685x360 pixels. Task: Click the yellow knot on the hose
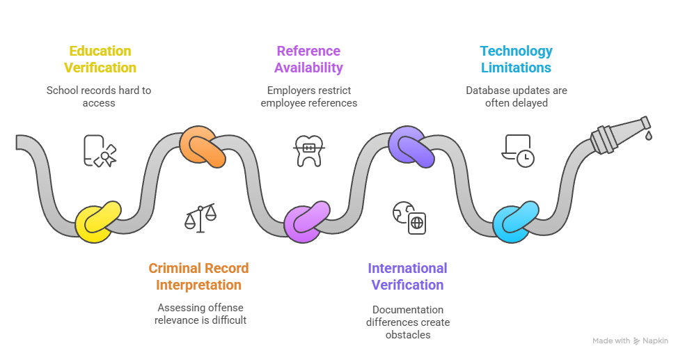97,222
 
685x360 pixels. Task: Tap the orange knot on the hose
203,147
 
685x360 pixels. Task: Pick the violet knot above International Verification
411,147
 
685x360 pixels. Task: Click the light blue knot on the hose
516,222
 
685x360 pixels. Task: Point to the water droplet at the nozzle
649,136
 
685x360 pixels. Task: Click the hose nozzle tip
646,123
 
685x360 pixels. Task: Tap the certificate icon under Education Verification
100,150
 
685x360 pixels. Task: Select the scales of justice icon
200,217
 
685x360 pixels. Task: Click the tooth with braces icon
309,150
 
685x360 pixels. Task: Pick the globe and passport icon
409,217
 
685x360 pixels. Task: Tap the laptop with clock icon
518,150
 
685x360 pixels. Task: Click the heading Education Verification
100,59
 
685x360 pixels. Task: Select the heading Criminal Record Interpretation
199,276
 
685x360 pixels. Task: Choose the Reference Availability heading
308,59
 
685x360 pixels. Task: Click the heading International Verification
408,276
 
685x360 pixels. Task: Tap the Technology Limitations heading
517,59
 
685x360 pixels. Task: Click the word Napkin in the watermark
655,341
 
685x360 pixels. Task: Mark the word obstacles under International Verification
408,335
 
